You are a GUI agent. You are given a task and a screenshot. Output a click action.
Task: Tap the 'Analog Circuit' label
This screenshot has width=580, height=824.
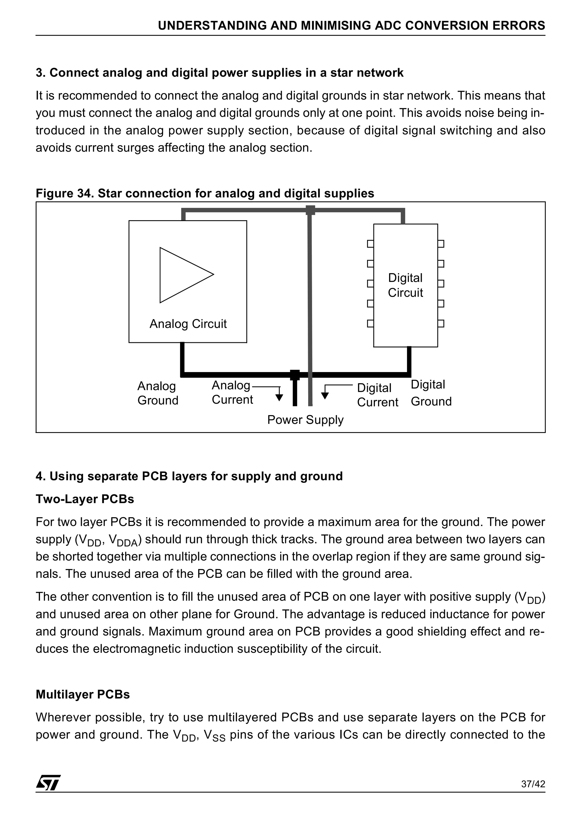(188, 324)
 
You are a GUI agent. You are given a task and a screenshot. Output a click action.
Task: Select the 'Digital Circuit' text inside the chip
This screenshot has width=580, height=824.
(405, 285)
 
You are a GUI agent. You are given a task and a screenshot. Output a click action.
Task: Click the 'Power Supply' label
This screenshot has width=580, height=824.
(305, 420)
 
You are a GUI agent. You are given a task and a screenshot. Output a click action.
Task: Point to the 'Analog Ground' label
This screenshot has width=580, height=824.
(157, 393)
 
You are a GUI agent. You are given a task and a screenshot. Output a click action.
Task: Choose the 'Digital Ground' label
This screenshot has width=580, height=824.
(430, 393)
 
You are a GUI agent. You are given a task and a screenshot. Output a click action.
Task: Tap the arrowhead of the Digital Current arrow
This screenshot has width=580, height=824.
(325, 396)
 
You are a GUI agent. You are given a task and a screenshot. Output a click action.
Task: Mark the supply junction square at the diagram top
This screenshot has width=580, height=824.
(310, 210)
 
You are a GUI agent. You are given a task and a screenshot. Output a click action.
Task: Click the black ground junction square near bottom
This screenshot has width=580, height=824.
(295, 375)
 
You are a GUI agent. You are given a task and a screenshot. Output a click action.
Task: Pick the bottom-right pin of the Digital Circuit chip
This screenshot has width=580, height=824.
(441, 324)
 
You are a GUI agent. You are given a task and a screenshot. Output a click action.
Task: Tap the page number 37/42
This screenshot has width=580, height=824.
(533, 784)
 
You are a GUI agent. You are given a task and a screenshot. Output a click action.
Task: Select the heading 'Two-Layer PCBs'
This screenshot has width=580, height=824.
(85, 499)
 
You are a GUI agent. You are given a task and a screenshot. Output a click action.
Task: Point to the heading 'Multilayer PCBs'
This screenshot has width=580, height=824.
(82, 694)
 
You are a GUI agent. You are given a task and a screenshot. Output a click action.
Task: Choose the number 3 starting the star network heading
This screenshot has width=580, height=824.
(39, 73)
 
